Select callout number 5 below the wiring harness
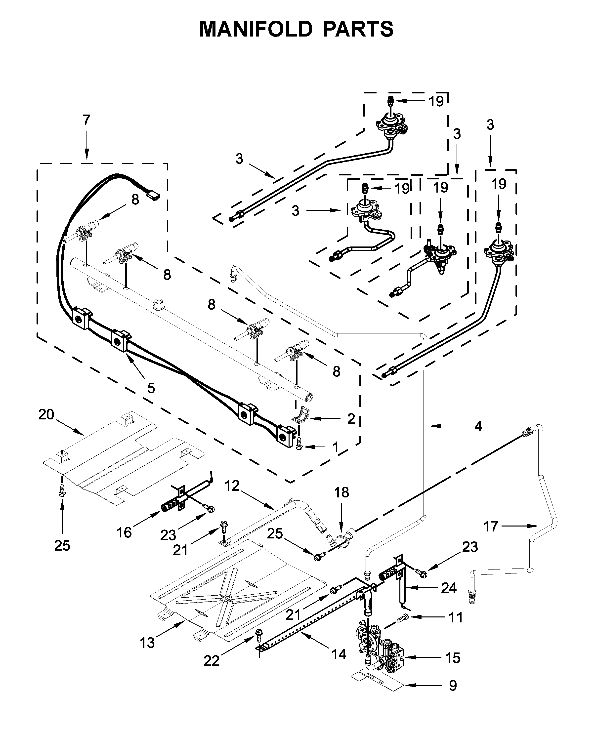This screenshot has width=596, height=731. pos(151,388)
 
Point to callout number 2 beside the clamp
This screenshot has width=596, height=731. pos(351,419)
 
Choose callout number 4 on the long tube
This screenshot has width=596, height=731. pos(478,426)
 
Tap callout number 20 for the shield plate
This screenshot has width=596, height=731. pos(46,415)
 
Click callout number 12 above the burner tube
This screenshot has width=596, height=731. pos(232,486)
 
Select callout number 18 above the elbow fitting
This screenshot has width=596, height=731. pos(341,492)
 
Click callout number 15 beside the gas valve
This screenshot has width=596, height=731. pos(453,658)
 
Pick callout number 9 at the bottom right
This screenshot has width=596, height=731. pos(453,695)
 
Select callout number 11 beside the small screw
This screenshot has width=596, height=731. pos(456,617)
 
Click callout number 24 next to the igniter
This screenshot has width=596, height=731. pos(449,588)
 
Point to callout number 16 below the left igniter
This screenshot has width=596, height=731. pos(124,533)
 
